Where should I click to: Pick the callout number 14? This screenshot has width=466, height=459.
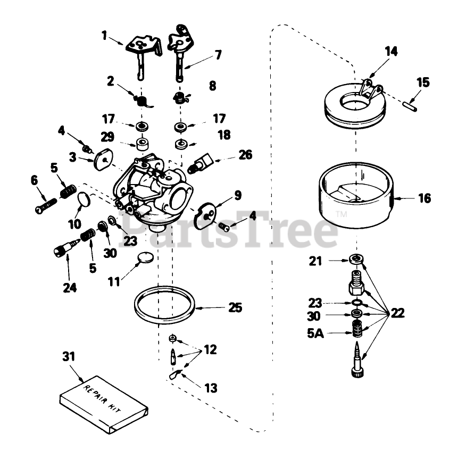[391, 52]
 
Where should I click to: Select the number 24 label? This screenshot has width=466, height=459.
[70, 288]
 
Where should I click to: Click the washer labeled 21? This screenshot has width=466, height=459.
[357, 260]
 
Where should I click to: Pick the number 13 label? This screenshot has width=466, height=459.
[211, 388]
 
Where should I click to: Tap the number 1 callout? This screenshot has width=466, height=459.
[105, 36]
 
